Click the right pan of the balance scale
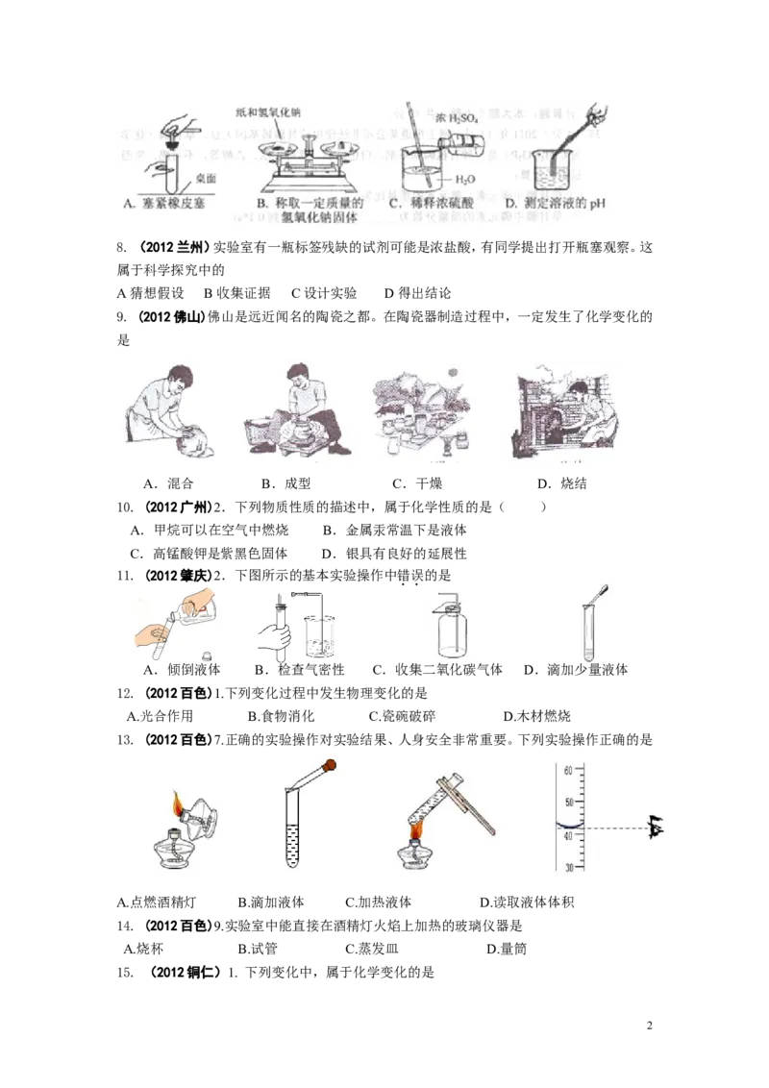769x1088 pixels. coord(339,147)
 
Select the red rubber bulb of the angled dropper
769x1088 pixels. coord(331,766)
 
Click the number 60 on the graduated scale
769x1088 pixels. coord(567,770)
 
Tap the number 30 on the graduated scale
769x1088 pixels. coord(567,868)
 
